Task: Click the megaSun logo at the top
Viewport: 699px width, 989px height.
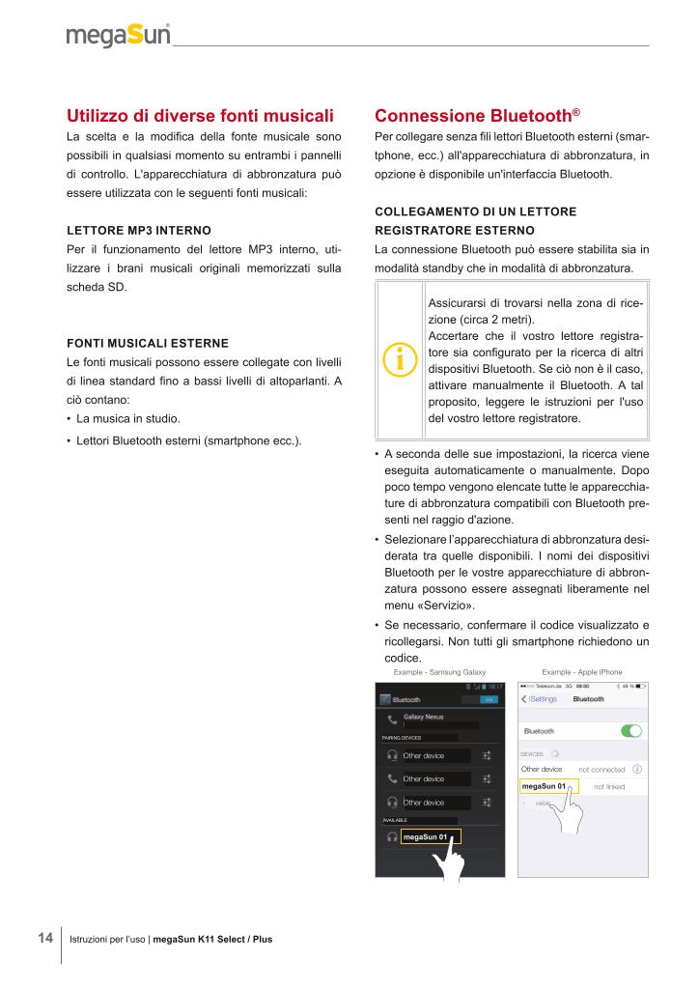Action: pos(118,36)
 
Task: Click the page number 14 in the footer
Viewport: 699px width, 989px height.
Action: pos(45,938)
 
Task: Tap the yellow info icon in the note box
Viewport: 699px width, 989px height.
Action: pos(400,356)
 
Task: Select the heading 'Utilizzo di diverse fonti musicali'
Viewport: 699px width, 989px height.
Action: pos(200,117)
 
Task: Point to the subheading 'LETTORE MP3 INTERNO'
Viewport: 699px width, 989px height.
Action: pos(138,232)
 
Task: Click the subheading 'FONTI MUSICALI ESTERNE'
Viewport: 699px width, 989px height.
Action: pos(147,343)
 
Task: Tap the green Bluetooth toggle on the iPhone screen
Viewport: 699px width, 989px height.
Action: pos(631,731)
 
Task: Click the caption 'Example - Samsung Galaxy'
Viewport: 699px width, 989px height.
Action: pos(438,672)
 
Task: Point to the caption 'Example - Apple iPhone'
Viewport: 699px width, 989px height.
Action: pos(582,672)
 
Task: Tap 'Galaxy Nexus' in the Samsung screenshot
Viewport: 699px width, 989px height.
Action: pos(423,717)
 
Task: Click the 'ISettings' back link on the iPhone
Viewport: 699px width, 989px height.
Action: pos(541,698)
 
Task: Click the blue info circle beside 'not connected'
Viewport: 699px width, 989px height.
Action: pos(637,769)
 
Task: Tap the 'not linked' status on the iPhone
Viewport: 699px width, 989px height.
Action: pos(609,787)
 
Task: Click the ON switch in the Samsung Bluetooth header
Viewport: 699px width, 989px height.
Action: pos(489,699)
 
